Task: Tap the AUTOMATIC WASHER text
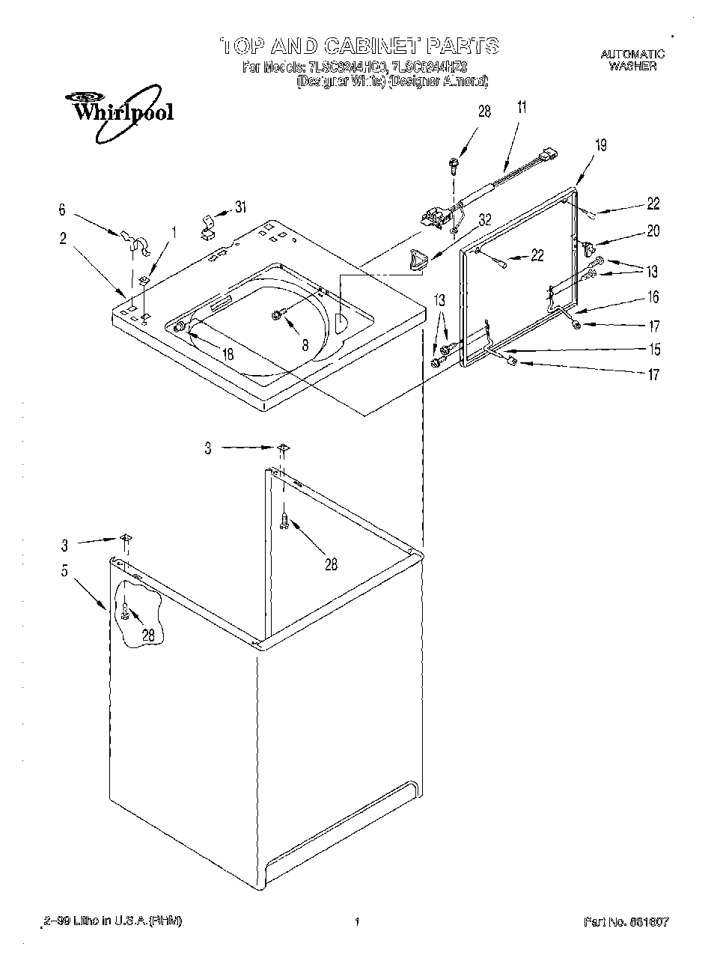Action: pyautogui.click(x=632, y=60)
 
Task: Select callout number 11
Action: pyautogui.click(x=521, y=107)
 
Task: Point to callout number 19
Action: pyautogui.click(x=600, y=145)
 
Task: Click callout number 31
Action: pyautogui.click(x=240, y=207)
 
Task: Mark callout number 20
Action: pyautogui.click(x=653, y=231)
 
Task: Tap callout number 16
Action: pyautogui.click(x=653, y=298)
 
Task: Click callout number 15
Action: pyautogui.click(x=654, y=349)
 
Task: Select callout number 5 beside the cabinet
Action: pyautogui.click(x=65, y=571)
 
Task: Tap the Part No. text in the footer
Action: pyautogui.click(x=626, y=921)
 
